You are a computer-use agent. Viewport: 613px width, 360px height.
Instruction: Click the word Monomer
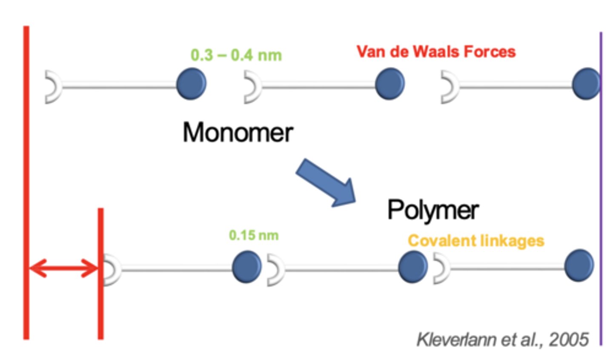(238, 132)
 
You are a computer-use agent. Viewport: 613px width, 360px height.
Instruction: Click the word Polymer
(433, 210)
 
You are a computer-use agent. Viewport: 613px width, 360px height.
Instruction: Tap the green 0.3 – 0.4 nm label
(236, 55)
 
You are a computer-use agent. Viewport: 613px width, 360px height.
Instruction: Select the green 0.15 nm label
(254, 235)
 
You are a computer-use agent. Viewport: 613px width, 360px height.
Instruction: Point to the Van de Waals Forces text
(436, 52)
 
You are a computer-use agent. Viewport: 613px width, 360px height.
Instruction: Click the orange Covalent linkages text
(476, 241)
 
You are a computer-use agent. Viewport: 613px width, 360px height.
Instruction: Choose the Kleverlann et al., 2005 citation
(502, 340)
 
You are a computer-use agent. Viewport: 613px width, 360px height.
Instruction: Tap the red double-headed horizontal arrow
(63, 269)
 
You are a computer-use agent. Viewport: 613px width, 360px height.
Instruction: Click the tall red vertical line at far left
(26, 183)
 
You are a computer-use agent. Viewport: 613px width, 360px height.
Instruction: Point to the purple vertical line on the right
(601, 187)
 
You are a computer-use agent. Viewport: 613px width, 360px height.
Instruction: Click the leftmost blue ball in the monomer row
(192, 84)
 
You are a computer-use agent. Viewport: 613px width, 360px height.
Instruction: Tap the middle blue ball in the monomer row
(390, 84)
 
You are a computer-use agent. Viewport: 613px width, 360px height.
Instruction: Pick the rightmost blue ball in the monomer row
(586, 84)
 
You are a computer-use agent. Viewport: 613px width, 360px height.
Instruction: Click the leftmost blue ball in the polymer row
(247, 267)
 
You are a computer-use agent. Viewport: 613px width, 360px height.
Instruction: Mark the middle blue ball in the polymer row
(413, 266)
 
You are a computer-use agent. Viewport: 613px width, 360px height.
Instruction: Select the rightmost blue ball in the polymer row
(579, 266)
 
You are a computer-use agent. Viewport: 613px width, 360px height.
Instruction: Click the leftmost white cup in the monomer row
(53, 87)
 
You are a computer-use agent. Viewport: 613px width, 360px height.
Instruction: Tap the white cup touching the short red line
(112, 270)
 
